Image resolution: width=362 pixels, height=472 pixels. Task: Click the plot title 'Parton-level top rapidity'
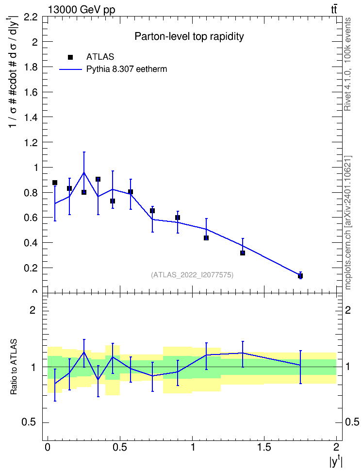point(189,36)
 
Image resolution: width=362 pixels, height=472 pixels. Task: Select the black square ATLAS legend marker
point(70,57)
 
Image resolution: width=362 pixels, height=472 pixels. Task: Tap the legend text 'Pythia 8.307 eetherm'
point(127,69)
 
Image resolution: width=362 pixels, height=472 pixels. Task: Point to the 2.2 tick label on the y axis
point(31,17)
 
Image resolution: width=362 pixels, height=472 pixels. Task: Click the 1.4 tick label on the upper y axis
point(31,118)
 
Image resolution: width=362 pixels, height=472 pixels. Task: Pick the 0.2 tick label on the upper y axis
point(31,268)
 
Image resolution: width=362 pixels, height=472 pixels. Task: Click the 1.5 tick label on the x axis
point(264,447)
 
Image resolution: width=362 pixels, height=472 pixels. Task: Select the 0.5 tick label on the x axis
point(120,447)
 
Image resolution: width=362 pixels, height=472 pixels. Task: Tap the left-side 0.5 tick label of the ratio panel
point(29,422)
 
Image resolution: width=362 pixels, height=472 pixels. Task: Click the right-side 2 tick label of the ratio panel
point(348,310)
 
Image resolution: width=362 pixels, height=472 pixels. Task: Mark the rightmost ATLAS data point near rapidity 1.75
point(300,276)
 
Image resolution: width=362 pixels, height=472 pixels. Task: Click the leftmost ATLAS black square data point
point(55,183)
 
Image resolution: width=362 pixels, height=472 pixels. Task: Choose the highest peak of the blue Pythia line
point(84,172)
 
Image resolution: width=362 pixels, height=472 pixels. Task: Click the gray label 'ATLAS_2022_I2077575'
point(192,275)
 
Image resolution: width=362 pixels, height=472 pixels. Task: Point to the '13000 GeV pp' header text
point(82,10)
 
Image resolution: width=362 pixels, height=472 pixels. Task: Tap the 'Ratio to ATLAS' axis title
point(14,367)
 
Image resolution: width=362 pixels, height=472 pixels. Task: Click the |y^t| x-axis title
point(336,460)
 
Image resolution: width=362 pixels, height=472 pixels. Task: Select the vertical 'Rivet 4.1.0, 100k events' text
point(347,64)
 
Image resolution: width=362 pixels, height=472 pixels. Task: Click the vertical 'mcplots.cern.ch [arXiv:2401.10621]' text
point(347,223)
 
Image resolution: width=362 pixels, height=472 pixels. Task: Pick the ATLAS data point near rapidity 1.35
point(243,253)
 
